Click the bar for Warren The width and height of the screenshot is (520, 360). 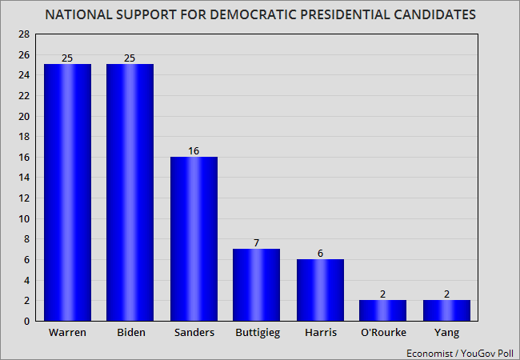click(x=68, y=192)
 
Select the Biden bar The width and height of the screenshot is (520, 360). click(x=130, y=192)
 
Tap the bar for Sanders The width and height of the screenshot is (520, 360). click(x=193, y=238)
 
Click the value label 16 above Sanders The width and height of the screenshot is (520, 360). click(x=193, y=151)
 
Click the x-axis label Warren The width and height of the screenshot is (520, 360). click(x=68, y=333)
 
